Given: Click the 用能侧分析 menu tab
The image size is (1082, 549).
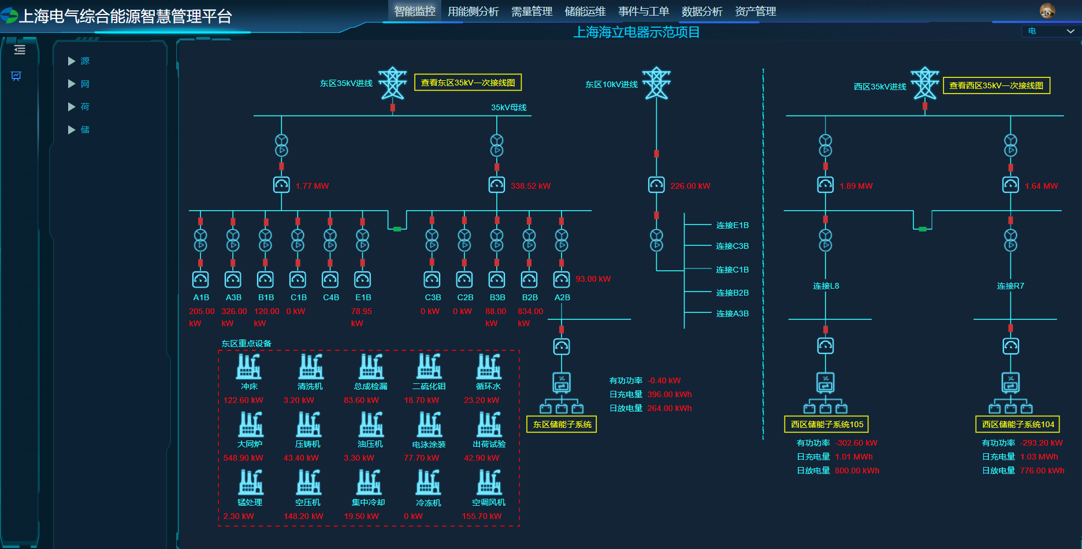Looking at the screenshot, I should (473, 12).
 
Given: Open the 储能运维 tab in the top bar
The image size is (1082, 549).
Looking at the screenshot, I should (585, 12).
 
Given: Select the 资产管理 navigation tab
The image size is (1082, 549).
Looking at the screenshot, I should (755, 12).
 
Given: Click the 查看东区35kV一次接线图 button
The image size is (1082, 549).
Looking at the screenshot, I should (468, 83).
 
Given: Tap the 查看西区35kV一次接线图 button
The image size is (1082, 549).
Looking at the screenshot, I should (996, 85).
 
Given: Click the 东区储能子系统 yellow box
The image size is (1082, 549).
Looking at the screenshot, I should (562, 424).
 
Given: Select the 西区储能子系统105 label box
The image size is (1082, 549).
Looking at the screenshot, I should (826, 424).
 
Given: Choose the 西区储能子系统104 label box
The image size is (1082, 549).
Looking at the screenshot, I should (1017, 424).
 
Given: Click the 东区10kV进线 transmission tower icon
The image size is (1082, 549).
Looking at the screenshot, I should (657, 84).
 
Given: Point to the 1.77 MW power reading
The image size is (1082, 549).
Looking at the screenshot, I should (312, 186).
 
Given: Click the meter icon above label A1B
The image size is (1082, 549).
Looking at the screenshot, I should (200, 280).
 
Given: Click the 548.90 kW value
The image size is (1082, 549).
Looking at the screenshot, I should (243, 458).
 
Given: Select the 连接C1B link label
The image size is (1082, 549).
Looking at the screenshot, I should (732, 270).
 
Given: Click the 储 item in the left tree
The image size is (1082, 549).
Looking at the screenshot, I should (85, 130).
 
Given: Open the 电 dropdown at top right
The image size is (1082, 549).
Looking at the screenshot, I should (1051, 31).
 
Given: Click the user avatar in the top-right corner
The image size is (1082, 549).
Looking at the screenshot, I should (1047, 10).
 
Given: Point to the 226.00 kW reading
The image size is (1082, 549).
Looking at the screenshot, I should (690, 186).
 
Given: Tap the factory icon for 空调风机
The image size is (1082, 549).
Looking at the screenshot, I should (489, 482).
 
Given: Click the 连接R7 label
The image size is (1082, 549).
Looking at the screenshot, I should (1010, 286).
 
